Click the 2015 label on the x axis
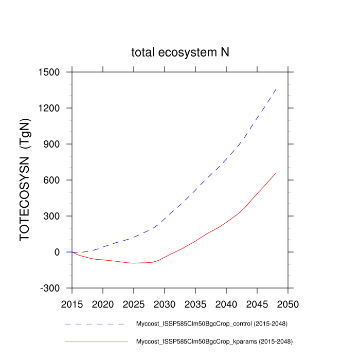click(72, 304)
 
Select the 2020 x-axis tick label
click(103, 304)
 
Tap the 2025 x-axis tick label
click(134, 304)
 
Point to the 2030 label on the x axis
click(165, 304)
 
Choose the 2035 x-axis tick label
click(195, 304)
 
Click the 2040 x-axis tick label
click(226, 304)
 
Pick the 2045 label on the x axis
click(257, 304)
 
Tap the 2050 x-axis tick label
click(288, 304)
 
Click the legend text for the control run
click(211, 324)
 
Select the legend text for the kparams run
click(214, 341)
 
